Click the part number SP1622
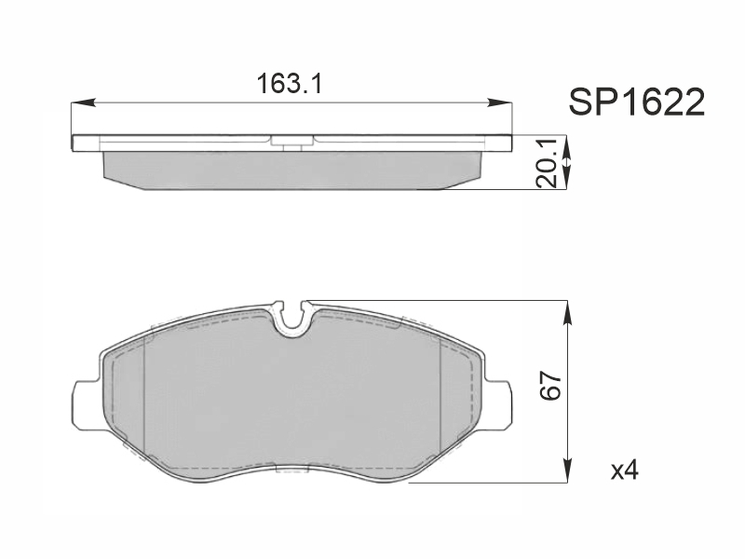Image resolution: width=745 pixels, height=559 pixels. pyautogui.click(x=637, y=102)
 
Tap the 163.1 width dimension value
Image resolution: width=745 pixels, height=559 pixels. pyautogui.click(x=290, y=84)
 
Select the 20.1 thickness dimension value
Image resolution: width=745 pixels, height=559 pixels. pyautogui.click(x=546, y=163)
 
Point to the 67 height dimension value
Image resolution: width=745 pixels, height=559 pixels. pyautogui.click(x=551, y=386)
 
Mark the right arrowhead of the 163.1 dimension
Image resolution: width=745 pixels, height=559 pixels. pyautogui.click(x=500, y=102)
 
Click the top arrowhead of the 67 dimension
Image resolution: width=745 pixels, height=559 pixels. pyautogui.click(x=567, y=313)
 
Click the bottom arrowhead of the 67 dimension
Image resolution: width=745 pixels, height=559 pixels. pyautogui.click(x=567, y=470)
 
